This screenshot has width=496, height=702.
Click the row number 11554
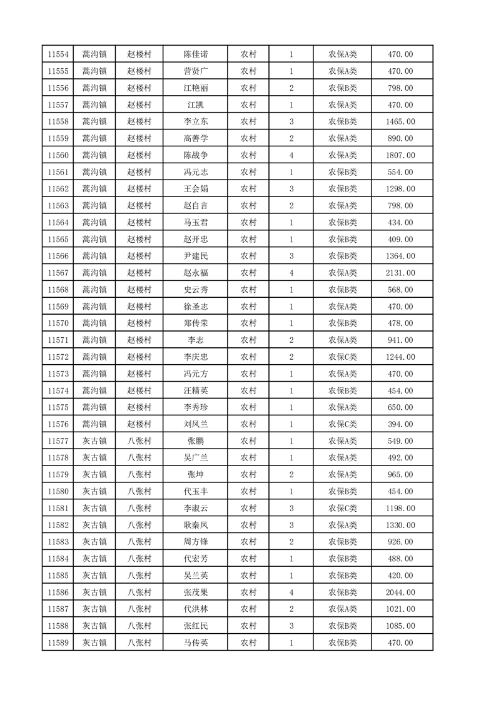58,54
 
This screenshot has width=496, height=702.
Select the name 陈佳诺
195,54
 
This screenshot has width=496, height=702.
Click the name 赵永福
195,273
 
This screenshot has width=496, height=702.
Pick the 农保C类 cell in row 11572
342,357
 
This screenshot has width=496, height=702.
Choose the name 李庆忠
195,357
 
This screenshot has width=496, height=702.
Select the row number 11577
58,440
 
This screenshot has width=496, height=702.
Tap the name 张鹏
195,440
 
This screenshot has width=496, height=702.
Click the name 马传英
195,643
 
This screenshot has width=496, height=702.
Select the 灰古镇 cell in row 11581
94,508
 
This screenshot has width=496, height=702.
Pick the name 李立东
195,121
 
